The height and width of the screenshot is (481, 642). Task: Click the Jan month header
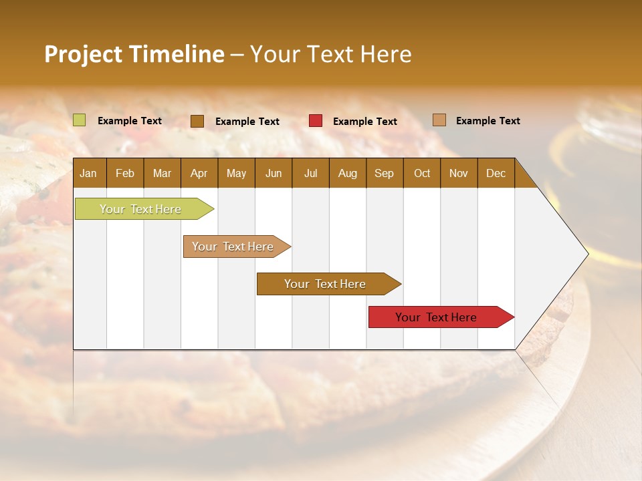(88, 173)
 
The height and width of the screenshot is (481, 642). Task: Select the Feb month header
(125, 173)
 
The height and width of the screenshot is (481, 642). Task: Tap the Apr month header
(199, 173)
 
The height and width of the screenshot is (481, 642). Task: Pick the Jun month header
(274, 173)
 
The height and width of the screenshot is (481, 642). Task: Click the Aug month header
(347, 173)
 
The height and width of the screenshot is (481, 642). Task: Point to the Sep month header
(384, 173)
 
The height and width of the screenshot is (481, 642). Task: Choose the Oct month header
(422, 173)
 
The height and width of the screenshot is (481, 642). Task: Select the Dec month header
(496, 173)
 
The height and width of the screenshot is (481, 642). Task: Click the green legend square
(79, 120)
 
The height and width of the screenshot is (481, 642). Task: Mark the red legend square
(316, 121)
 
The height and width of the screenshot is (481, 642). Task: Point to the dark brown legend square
(197, 121)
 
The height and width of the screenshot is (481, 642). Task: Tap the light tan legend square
(439, 120)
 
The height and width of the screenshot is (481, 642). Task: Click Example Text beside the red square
(365, 122)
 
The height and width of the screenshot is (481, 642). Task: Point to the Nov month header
(459, 173)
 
